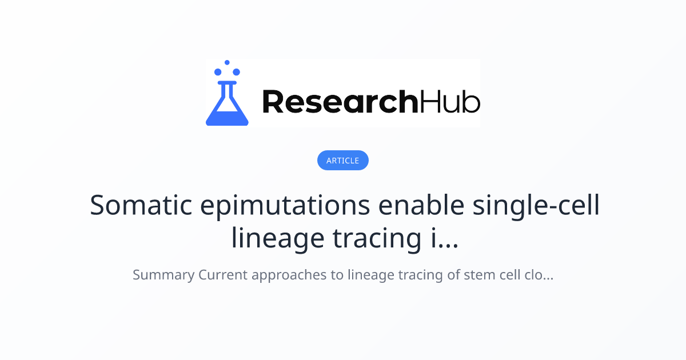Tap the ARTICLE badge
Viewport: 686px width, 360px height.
tap(342, 161)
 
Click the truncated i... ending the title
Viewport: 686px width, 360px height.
tap(444, 239)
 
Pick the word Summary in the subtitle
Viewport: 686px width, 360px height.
tap(163, 275)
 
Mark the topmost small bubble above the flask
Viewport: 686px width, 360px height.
tap(227, 62)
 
